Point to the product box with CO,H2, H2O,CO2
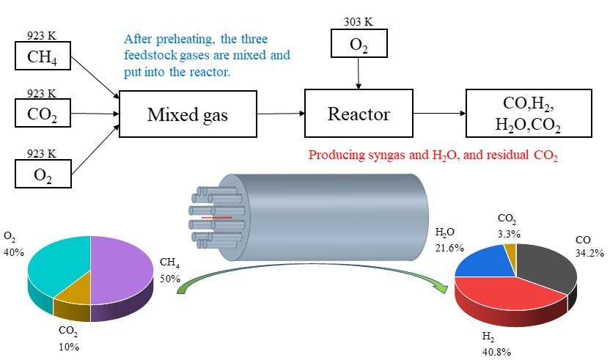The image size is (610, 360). pyautogui.click(x=520, y=114)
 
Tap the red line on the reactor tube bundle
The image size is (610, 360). pyautogui.click(x=218, y=218)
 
